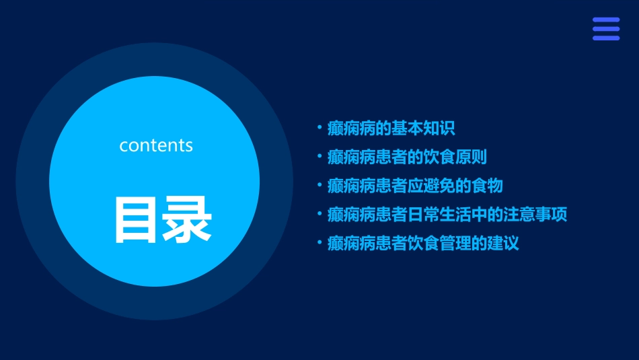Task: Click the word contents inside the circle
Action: (156, 145)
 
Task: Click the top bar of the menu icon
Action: (605, 20)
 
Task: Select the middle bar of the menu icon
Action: (605, 29)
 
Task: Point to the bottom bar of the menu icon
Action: (605, 38)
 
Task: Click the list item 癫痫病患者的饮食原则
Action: (407, 157)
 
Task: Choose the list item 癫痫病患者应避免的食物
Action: (415, 186)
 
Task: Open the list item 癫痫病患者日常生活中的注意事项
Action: (447, 215)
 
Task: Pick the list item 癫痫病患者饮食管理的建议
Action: (423, 243)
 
